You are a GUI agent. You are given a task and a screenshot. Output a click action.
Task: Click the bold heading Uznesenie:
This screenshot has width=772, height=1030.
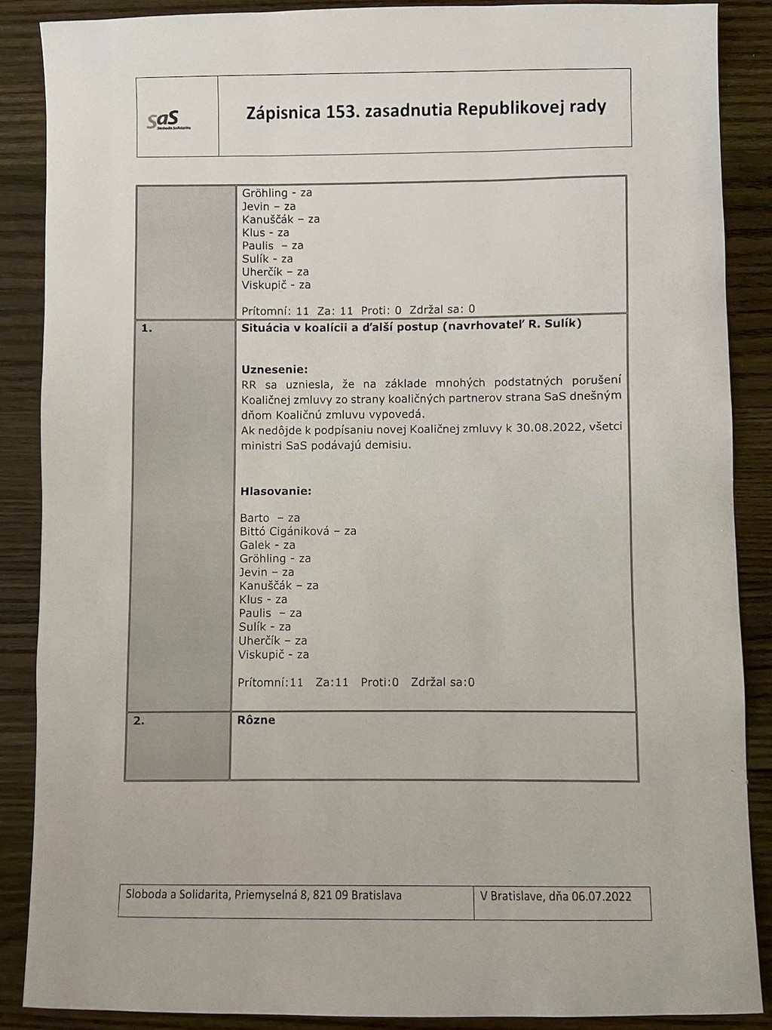[x=274, y=370]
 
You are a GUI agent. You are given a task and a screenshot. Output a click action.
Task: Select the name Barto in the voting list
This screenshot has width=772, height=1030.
[x=255, y=518]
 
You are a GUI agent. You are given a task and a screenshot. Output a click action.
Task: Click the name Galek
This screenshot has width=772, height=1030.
[x=255, y=545]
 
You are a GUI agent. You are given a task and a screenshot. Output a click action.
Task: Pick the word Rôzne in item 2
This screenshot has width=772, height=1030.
[x=256, y=721]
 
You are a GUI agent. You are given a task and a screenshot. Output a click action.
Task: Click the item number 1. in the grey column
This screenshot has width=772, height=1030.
[x=146, y=328]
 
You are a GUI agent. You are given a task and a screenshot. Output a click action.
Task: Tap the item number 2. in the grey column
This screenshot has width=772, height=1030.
[x=139, y=721]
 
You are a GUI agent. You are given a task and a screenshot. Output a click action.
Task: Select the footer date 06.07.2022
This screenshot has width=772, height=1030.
[x=601, y=896]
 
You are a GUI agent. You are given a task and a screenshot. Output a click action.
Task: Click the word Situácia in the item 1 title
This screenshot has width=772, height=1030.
[x=266, y=328]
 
